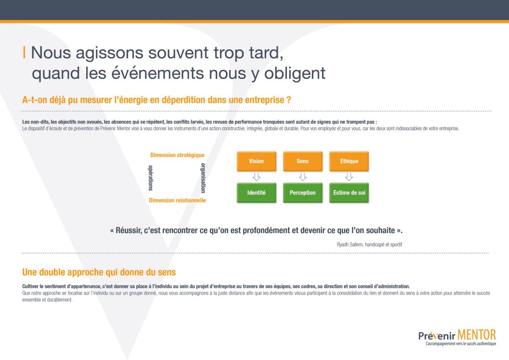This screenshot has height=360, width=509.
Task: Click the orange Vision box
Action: (x=256, y=161)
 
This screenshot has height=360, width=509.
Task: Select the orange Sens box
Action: (x=303, y=161)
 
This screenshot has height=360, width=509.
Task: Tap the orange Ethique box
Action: (x=349, y=161)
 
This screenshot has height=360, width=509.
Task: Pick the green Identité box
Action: (x=256, y=193)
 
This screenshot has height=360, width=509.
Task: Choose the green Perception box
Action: (x=303, y=193)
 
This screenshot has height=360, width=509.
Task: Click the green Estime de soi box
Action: (x=349, y=193)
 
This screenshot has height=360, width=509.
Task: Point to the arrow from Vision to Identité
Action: (x=256, y=177)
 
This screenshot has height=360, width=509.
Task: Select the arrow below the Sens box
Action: (x=303, y=177)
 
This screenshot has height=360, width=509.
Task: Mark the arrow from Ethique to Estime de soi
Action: (x=349, y=177)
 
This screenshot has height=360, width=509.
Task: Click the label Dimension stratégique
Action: (x=177, y=155)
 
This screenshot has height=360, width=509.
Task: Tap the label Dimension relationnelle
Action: (x=177, y=200)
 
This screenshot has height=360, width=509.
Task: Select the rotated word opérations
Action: (x=151, y=178)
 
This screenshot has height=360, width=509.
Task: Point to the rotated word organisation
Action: (x=203, y=178)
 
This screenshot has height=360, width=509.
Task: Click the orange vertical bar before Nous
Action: (x=24, y=52)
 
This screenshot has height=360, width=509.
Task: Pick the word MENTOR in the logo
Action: (x=476, y=335)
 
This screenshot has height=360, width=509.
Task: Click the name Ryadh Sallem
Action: (x=350, y=245)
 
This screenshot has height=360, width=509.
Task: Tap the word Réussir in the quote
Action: (x=129, y=231)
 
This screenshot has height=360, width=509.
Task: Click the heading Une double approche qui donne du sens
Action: (x=99, y=272)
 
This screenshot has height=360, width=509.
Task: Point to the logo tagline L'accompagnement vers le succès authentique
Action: (x=461, y=343)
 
